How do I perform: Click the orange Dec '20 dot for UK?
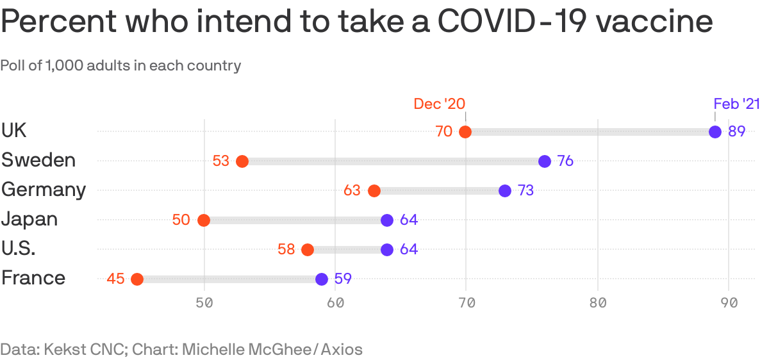coord(465,132)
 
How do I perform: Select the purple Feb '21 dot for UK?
coord(715,132)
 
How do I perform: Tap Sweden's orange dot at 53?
coord(242,161)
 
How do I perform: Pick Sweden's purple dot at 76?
coord(545,161)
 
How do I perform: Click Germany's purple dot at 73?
coord(505,191)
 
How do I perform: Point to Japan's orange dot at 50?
coord(204,220)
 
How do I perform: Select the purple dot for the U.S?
coord(387,250)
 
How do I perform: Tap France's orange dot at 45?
coord(137,279)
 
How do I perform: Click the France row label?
coord(33,278)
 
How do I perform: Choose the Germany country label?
coord(44,190)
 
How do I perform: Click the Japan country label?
coord(29,219)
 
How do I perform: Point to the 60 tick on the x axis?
coord(335,303)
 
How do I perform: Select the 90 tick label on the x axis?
coord(729,303)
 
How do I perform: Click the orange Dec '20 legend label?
coord(440,104)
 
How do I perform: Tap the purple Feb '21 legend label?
coord(736,104)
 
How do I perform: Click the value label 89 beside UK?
coord(737,132)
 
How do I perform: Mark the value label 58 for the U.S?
coord(286,250)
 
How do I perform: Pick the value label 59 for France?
coord(343,279)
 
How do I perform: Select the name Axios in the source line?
coord(342,350)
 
